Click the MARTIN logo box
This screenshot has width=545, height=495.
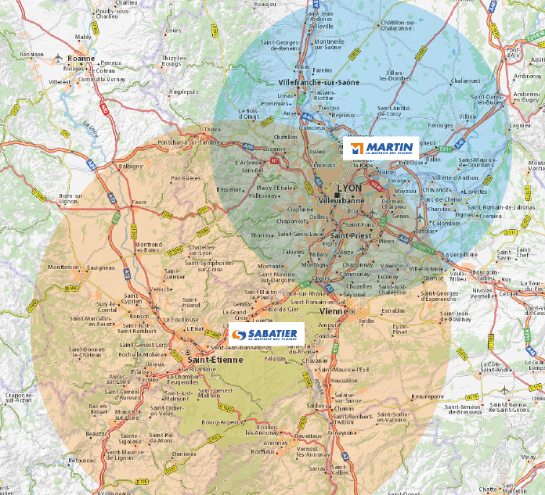coord(381,148)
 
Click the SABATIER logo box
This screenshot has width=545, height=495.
coord(265,335)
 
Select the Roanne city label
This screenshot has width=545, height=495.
coord(81,58)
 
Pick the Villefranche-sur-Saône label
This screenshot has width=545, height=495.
coord(319,82)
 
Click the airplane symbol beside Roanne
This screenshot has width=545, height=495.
coord(59,59)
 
